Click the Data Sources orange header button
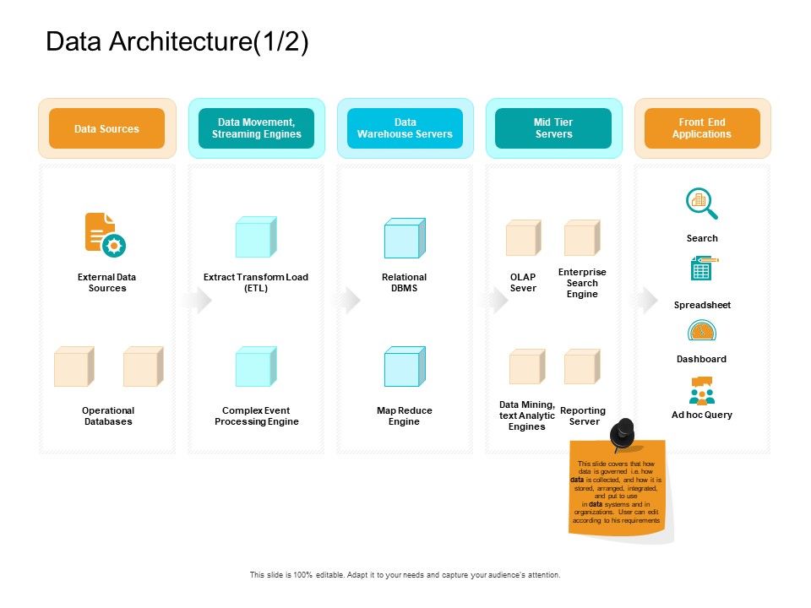point(106,128)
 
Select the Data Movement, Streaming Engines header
point(256,128)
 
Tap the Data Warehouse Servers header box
point(405,128)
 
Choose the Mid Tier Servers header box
point(553,128)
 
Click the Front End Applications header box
point(702,128)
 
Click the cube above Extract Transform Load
point(256,237)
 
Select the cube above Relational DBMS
point(405,238)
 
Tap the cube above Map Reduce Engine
point(405,366)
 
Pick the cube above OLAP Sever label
point(523,237)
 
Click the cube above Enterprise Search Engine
point(582,237)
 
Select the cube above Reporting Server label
point(582,366)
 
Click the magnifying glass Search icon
point(701,204)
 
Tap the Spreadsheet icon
point(701,269)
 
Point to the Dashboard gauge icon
point(701,331)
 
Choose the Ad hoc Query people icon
point(701,392)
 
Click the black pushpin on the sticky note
point(623,433)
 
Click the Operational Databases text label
point(108,415)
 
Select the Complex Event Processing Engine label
point(256,415)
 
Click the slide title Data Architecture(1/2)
point(177,42)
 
